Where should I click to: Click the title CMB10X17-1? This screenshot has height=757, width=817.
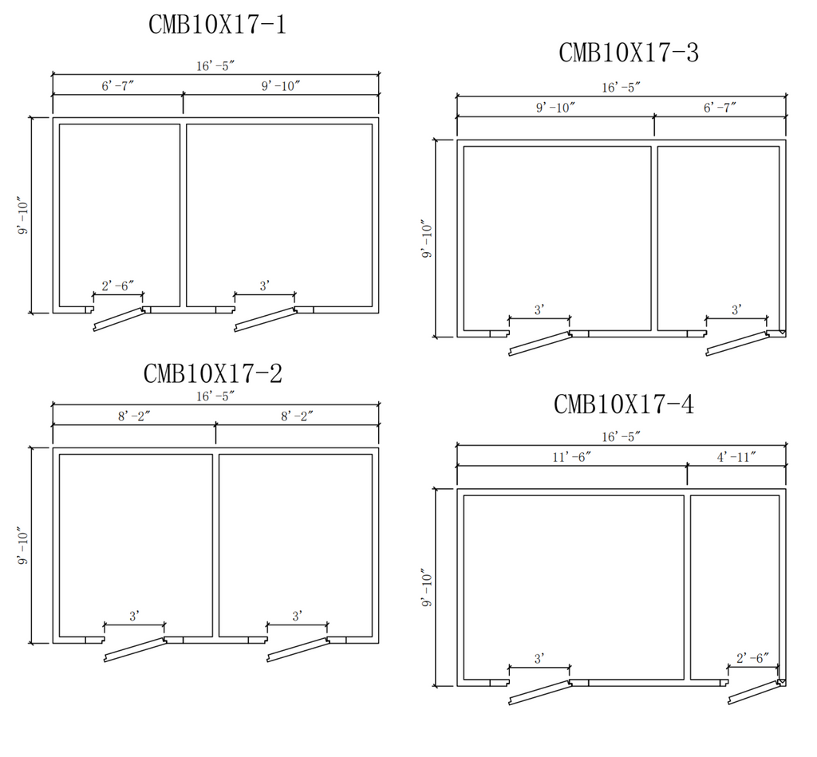tap(217, 25)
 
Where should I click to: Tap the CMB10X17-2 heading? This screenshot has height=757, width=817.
tap(212, 373)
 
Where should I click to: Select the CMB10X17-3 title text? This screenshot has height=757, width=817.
tap(629, 53)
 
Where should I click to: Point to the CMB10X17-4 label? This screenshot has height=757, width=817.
tap(624, 404)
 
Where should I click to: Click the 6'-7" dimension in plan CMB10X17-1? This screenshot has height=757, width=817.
tap(117, 85)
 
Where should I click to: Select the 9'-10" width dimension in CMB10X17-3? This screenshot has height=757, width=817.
tap(555, 107)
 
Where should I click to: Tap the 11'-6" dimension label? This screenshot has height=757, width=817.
tap(571, 457)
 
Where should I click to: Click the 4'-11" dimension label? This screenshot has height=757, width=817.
tap(736, 457)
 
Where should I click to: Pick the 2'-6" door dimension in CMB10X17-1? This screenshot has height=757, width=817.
tap(118, 285)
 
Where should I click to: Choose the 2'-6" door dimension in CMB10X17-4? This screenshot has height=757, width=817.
tap(752, 658)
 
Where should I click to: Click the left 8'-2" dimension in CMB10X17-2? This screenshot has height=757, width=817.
tap(134, 416)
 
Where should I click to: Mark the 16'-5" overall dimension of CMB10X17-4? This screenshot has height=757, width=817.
tap(622, 436)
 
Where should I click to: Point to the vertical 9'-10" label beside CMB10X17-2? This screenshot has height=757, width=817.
tap(26, 546)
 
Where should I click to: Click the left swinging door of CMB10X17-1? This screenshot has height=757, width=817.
tap(119, 319)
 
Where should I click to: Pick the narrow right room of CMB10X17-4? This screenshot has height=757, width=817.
tap(735, 586)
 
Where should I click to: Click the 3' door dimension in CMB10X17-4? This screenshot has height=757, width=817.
tap(539, 658)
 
